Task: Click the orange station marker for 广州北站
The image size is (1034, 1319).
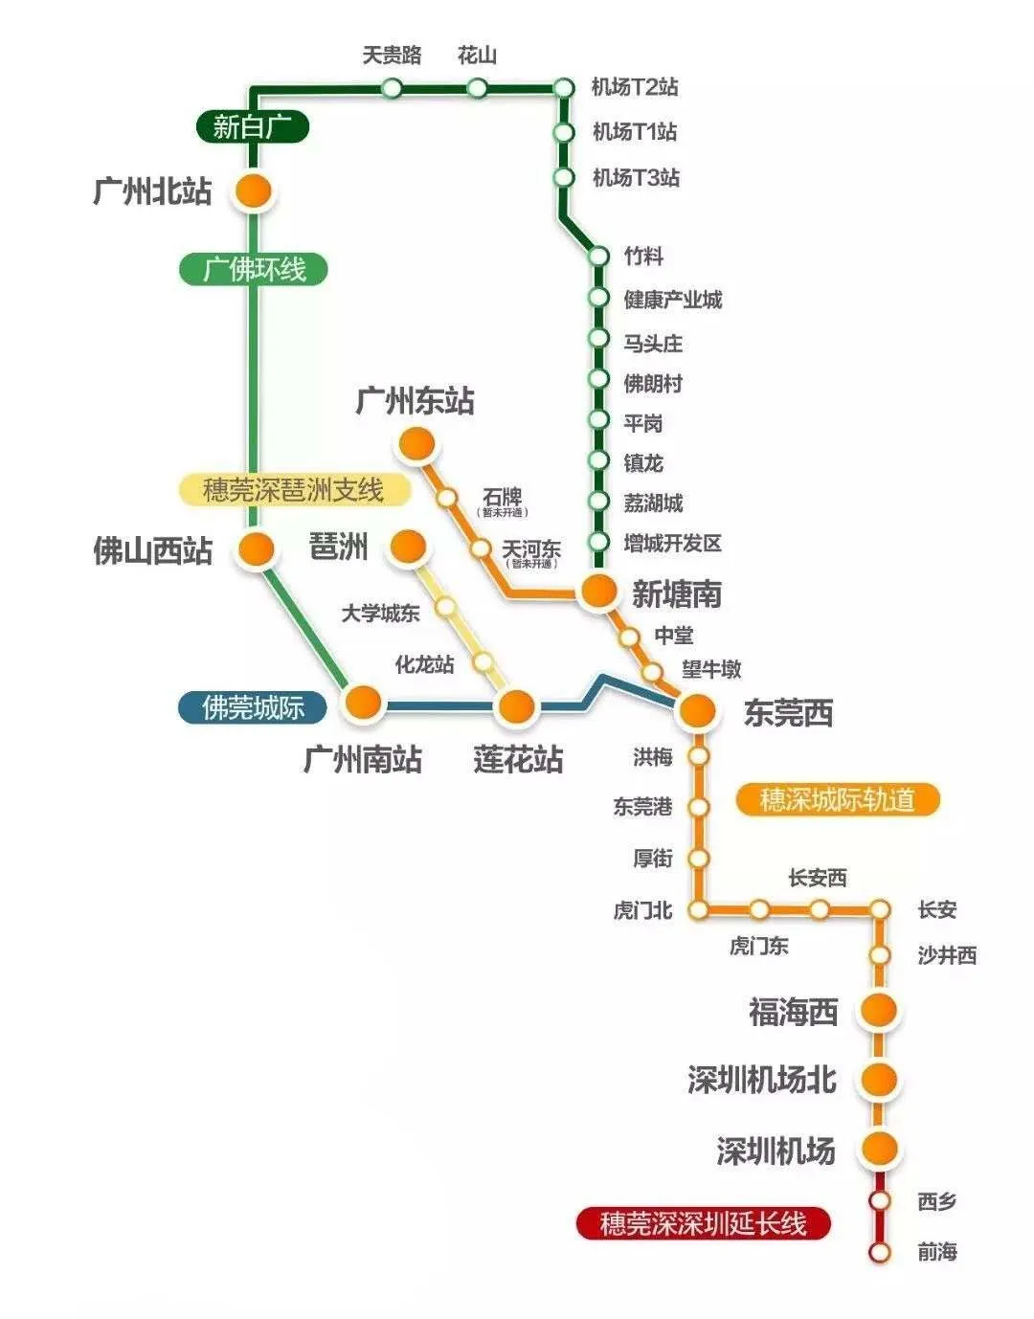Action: coord(253,191)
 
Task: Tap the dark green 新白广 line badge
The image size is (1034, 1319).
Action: coord(253,126)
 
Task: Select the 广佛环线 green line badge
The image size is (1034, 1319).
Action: coord(254,269)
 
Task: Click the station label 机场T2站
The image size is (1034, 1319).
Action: coord(635,87)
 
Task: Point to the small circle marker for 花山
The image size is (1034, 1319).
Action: coord(477,89)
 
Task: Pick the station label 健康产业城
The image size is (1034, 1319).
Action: coord(673,300)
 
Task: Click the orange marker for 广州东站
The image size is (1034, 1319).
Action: coord(416,443)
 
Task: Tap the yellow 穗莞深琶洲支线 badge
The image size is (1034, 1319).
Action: coord(294,490)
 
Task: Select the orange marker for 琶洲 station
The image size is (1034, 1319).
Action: coord(407,547)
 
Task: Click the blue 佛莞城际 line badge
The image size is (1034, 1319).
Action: coord(253,707)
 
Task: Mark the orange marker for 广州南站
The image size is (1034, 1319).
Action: coord(364,703)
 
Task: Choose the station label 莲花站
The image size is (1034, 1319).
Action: coord(518,760)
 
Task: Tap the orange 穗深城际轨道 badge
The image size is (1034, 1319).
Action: coord(838,799)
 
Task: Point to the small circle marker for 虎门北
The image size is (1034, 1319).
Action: coord(699,909)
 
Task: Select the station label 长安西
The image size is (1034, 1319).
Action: coord(818,878)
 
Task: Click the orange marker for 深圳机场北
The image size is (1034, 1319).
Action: coord(878,1079)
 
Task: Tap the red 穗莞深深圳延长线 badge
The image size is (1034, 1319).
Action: coord(704,1223)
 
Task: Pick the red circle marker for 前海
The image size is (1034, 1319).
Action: coord(879,1252)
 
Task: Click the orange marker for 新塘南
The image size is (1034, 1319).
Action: coord(598,592)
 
